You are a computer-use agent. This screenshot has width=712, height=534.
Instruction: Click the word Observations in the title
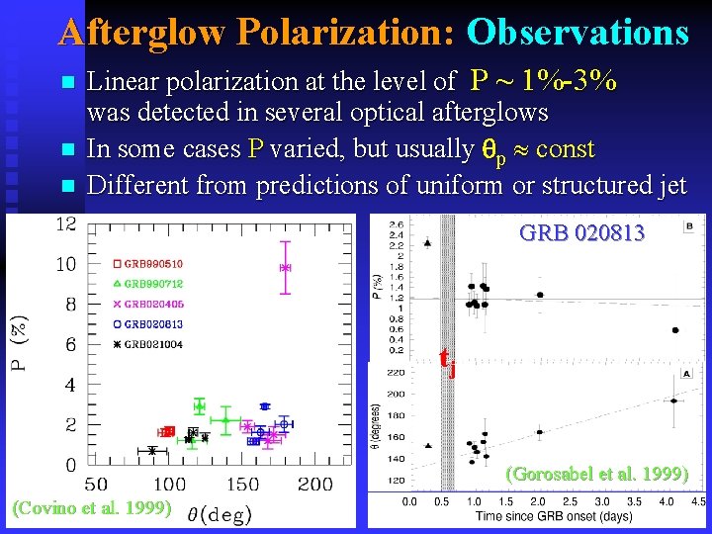pos(577,32)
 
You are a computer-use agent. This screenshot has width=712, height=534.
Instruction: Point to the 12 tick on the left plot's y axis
pos(65,224)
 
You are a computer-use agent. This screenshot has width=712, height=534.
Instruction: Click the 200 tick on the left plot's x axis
pos(314,485)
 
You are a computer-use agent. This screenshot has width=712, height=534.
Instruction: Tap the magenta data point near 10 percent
pos(285,267)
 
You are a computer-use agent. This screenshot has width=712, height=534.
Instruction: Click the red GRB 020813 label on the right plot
pos(581,233)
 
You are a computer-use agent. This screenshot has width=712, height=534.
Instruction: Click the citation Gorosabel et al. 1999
pos(596,474)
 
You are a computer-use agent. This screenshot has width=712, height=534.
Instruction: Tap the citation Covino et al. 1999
pos(93,508)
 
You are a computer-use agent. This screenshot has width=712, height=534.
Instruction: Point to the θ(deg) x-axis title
pos(220,513)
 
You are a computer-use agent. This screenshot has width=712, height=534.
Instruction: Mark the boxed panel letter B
pos(687,226)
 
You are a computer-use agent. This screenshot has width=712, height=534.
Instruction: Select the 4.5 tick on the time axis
pos(697,502)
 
